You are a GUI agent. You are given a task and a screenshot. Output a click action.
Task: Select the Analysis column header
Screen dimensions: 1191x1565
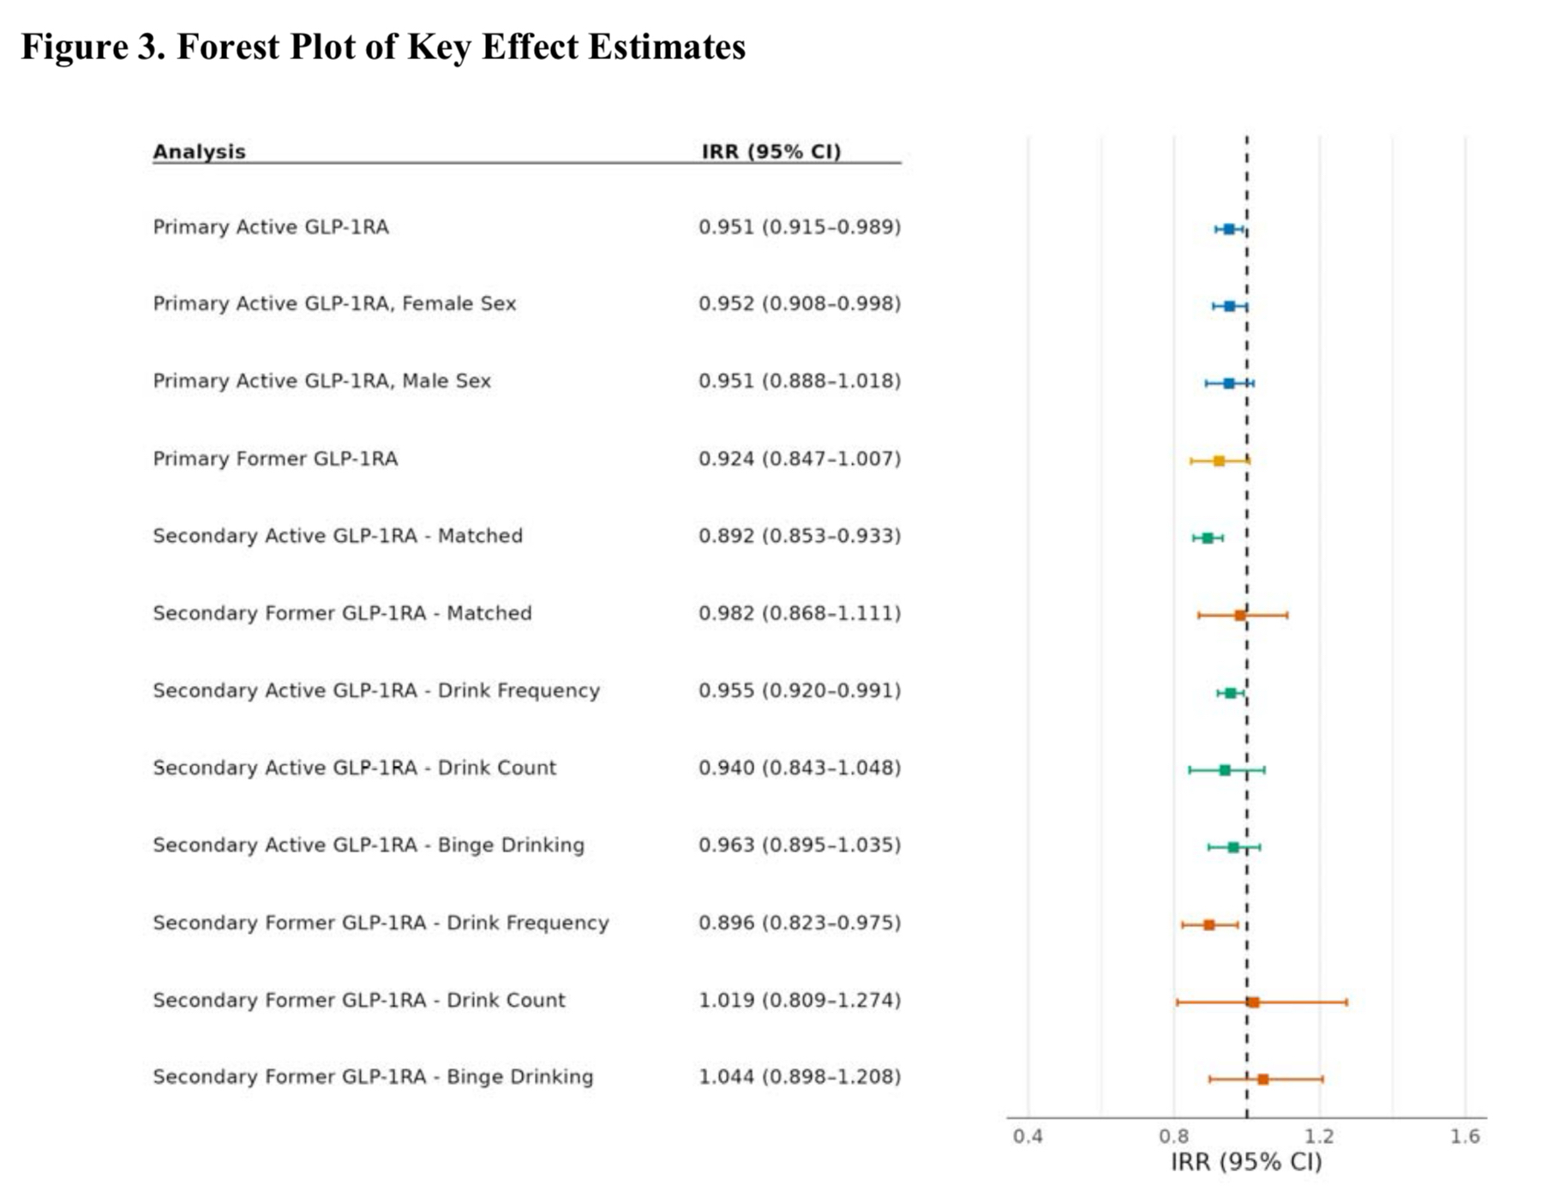[199, 152]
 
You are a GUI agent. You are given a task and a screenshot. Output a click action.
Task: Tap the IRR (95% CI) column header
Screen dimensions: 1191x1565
[771, 152]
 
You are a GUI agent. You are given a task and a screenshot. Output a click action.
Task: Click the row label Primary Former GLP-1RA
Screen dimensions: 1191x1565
[275, 459]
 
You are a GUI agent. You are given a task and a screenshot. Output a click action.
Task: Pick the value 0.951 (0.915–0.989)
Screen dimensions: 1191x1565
[800, 227]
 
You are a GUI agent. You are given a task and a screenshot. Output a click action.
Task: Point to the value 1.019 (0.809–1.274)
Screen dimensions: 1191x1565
[800, 1000]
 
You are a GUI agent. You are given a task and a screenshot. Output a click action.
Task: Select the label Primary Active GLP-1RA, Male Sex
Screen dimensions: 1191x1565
[321, 381]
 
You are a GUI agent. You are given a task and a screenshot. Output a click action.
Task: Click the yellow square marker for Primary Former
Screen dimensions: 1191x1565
[1219, 461]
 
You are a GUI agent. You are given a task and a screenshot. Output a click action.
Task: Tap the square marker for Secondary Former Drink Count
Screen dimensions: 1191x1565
[1253, 1002]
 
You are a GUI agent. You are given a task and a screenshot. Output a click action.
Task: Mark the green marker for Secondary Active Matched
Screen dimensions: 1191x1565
[1208, 538]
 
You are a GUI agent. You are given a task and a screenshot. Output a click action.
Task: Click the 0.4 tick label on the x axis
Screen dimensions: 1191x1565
[1028, 1137]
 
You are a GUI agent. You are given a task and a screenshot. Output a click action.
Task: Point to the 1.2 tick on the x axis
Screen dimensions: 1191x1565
[1319, 1137]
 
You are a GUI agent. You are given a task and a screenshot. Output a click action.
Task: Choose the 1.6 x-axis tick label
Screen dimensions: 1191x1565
[1465, 1137]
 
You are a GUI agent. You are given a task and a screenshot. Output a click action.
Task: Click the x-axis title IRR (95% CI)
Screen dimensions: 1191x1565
[1246, 1163]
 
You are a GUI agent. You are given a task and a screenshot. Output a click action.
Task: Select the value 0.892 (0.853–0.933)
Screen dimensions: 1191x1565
[800, 536]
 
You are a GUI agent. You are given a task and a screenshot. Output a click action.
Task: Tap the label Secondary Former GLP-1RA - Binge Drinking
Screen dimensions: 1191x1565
[373, 1077]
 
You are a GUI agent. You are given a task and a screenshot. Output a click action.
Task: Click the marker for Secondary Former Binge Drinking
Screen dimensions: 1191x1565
[1262, 1080]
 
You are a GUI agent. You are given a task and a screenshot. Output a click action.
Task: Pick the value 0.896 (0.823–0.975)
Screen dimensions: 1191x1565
[800, 923]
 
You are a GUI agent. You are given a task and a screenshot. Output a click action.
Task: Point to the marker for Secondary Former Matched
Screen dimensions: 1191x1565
[1240, 616]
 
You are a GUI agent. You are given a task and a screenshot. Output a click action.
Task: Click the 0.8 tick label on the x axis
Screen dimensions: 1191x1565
[1173, 1137]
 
